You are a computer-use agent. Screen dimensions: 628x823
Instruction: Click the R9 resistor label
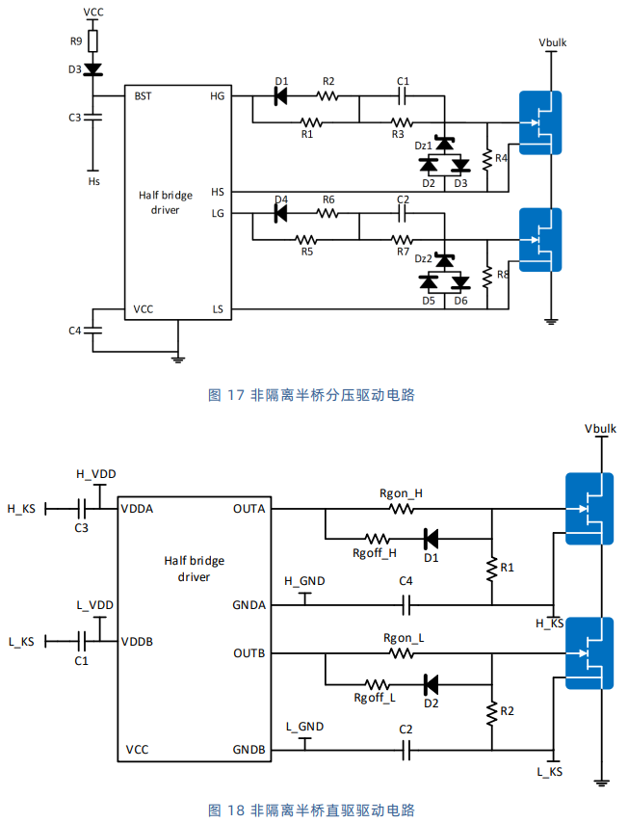[x=76, y=40]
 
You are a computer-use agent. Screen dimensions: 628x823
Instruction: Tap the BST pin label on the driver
[x=143, y=96]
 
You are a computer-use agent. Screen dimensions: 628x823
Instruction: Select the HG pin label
[x=218, y=96]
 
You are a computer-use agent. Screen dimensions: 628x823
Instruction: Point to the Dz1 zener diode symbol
[x=445, y=143]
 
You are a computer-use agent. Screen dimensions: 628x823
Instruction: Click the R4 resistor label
[x=501, y=158]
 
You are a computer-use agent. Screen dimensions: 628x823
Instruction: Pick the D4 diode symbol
[x=281, y=214]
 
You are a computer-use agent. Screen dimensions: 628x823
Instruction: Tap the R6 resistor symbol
[x=327, y=214]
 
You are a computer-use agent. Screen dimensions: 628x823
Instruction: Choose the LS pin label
[x=218, y=309]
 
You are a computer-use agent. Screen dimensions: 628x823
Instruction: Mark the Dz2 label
[x=424, y=259]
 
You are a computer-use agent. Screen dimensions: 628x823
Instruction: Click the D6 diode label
[x=460, y=301]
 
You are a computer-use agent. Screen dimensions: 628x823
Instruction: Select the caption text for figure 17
[x=312, y=395]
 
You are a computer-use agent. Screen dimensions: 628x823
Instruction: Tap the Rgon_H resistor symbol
[x=402, y=509]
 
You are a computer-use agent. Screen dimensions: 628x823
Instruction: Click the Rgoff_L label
[x=375, y=698]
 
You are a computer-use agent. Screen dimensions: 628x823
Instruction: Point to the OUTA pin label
[x=249, y=509]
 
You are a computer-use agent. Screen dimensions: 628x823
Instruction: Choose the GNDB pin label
[x=249, y=750]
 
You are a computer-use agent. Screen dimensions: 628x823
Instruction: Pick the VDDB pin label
[x=137, y=642]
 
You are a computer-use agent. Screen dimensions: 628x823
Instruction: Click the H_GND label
[x=304, y=581]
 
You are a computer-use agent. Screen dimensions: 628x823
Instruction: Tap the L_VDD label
[x=95, y=605]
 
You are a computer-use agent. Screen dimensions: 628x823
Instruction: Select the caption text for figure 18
[x=312, y=810]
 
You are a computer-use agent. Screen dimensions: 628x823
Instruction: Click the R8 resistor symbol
[x=487, y=277]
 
